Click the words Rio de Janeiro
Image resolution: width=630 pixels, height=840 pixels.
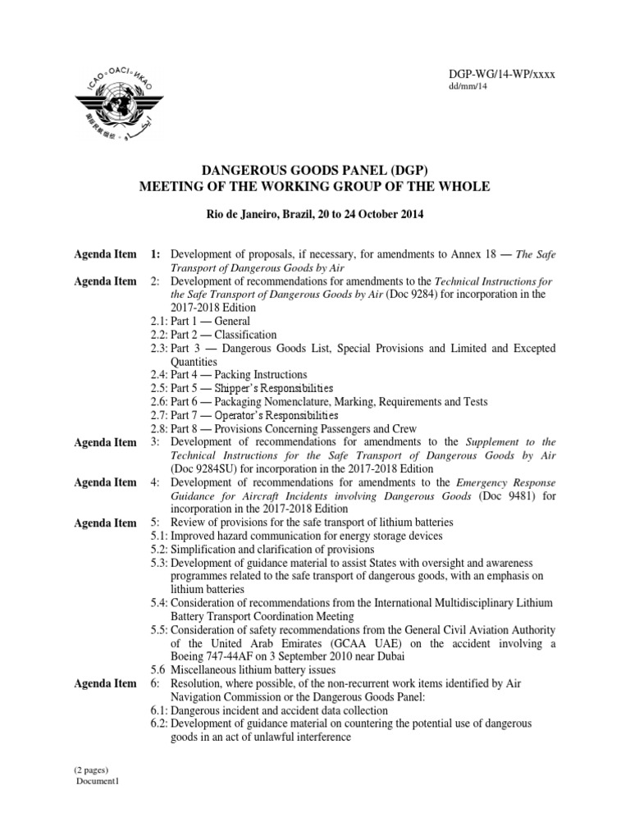click(x=240, y=214)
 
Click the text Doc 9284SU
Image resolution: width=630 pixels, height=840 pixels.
click(x=205, y=468)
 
